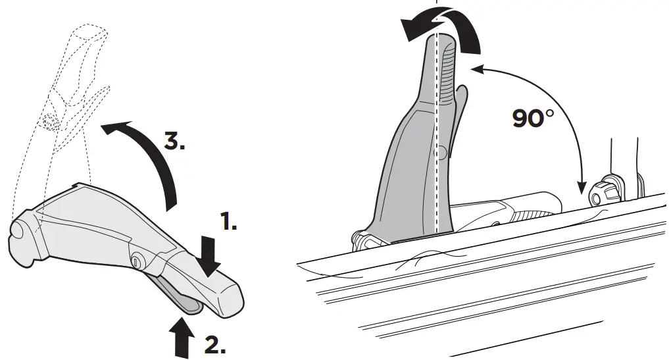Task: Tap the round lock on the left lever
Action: (139, 261)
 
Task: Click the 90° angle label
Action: (534, 118)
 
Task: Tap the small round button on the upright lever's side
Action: (443, 153)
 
